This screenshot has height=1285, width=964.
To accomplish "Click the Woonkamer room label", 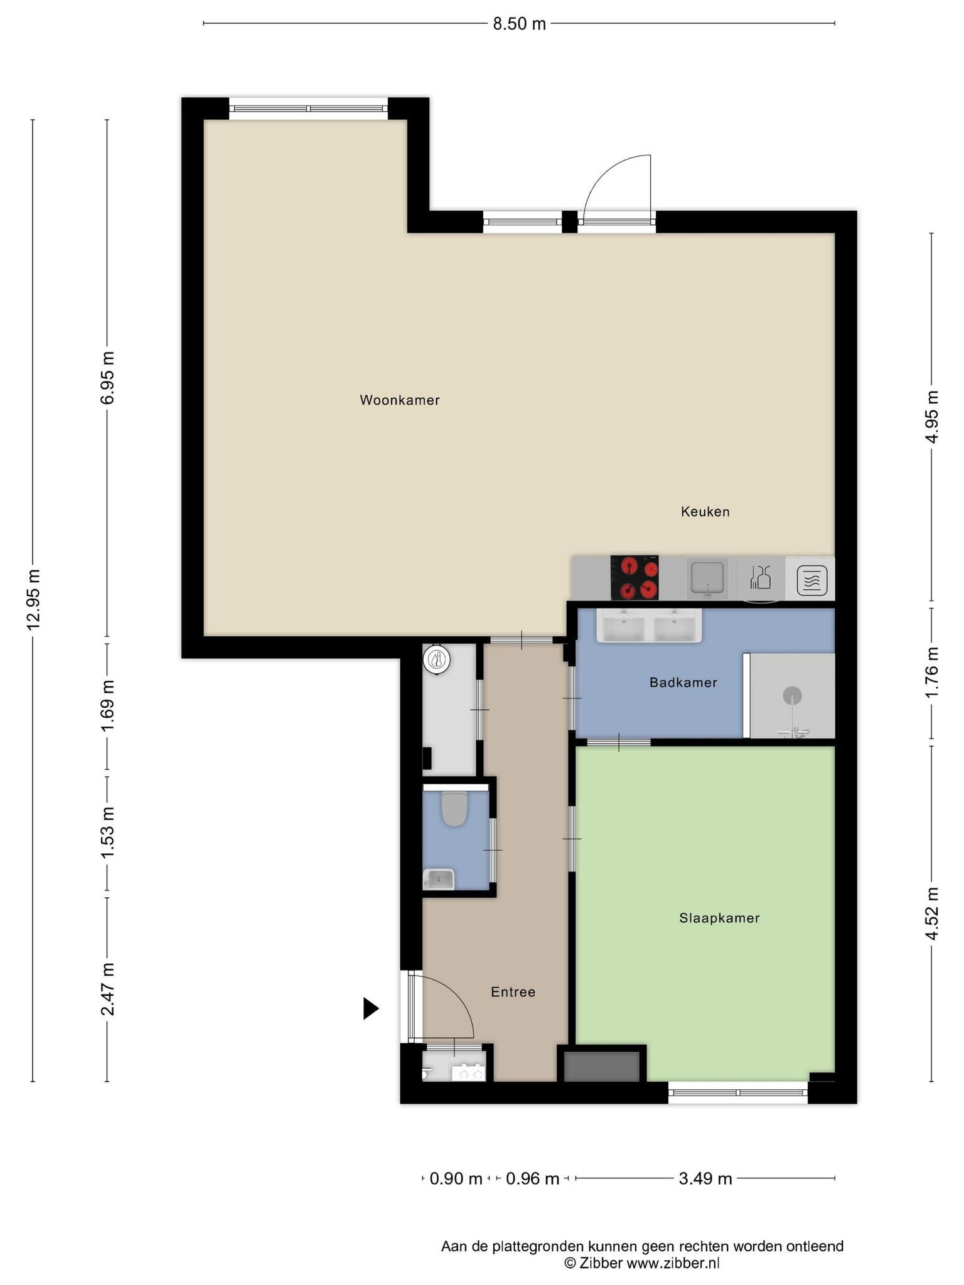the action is click(x=400, y=400).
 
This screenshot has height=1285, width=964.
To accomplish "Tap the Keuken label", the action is click(x=705, y=512).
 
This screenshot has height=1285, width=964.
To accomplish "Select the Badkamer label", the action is click(x=683, y=683).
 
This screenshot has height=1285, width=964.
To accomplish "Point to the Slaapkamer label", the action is click(x=719, y=919).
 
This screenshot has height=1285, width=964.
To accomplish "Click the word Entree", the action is click(x=513, y=993).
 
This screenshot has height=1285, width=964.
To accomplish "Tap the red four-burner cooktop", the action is click(x=635, y=577).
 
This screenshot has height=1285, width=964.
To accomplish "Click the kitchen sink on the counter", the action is click(x=707, y=578).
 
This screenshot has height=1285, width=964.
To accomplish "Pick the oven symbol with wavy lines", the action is click(x=812, y=580).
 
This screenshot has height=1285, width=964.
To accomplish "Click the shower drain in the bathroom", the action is click(x=792, y=696).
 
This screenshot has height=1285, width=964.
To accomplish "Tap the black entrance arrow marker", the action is click(x=371, y=1009).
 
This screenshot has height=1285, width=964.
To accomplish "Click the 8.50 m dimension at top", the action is click(x=519, y=24).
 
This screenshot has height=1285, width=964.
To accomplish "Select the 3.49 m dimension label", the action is click(x=705, y=1179).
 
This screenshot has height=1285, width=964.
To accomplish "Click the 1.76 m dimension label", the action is click(x=932, y=670).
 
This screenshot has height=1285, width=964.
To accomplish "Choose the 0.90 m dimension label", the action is click(x=456, y=1179).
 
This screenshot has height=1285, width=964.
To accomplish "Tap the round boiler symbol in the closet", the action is click(x=437, y=659).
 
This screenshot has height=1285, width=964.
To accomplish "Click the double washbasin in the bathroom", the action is click(x=649, y=626).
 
